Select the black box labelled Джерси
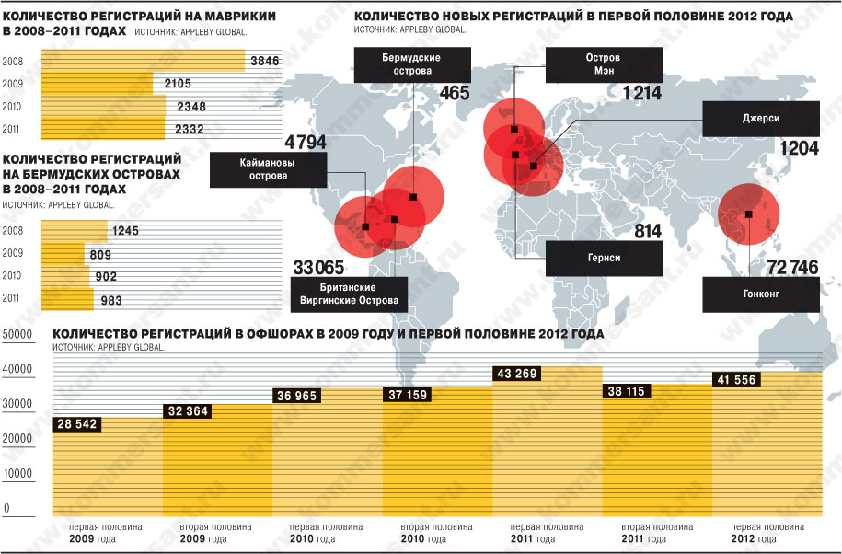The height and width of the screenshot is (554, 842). (760, 119)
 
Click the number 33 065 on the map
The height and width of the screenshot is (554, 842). (318, 269)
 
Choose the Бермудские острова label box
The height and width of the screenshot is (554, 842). (410, 64)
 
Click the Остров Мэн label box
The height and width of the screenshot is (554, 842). (603, 64)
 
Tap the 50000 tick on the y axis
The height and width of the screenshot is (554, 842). (19, 334)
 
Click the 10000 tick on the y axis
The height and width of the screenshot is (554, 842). (19, 473)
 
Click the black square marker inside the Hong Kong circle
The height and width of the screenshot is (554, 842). (748, 214)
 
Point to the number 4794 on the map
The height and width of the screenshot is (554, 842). (306, 144)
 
